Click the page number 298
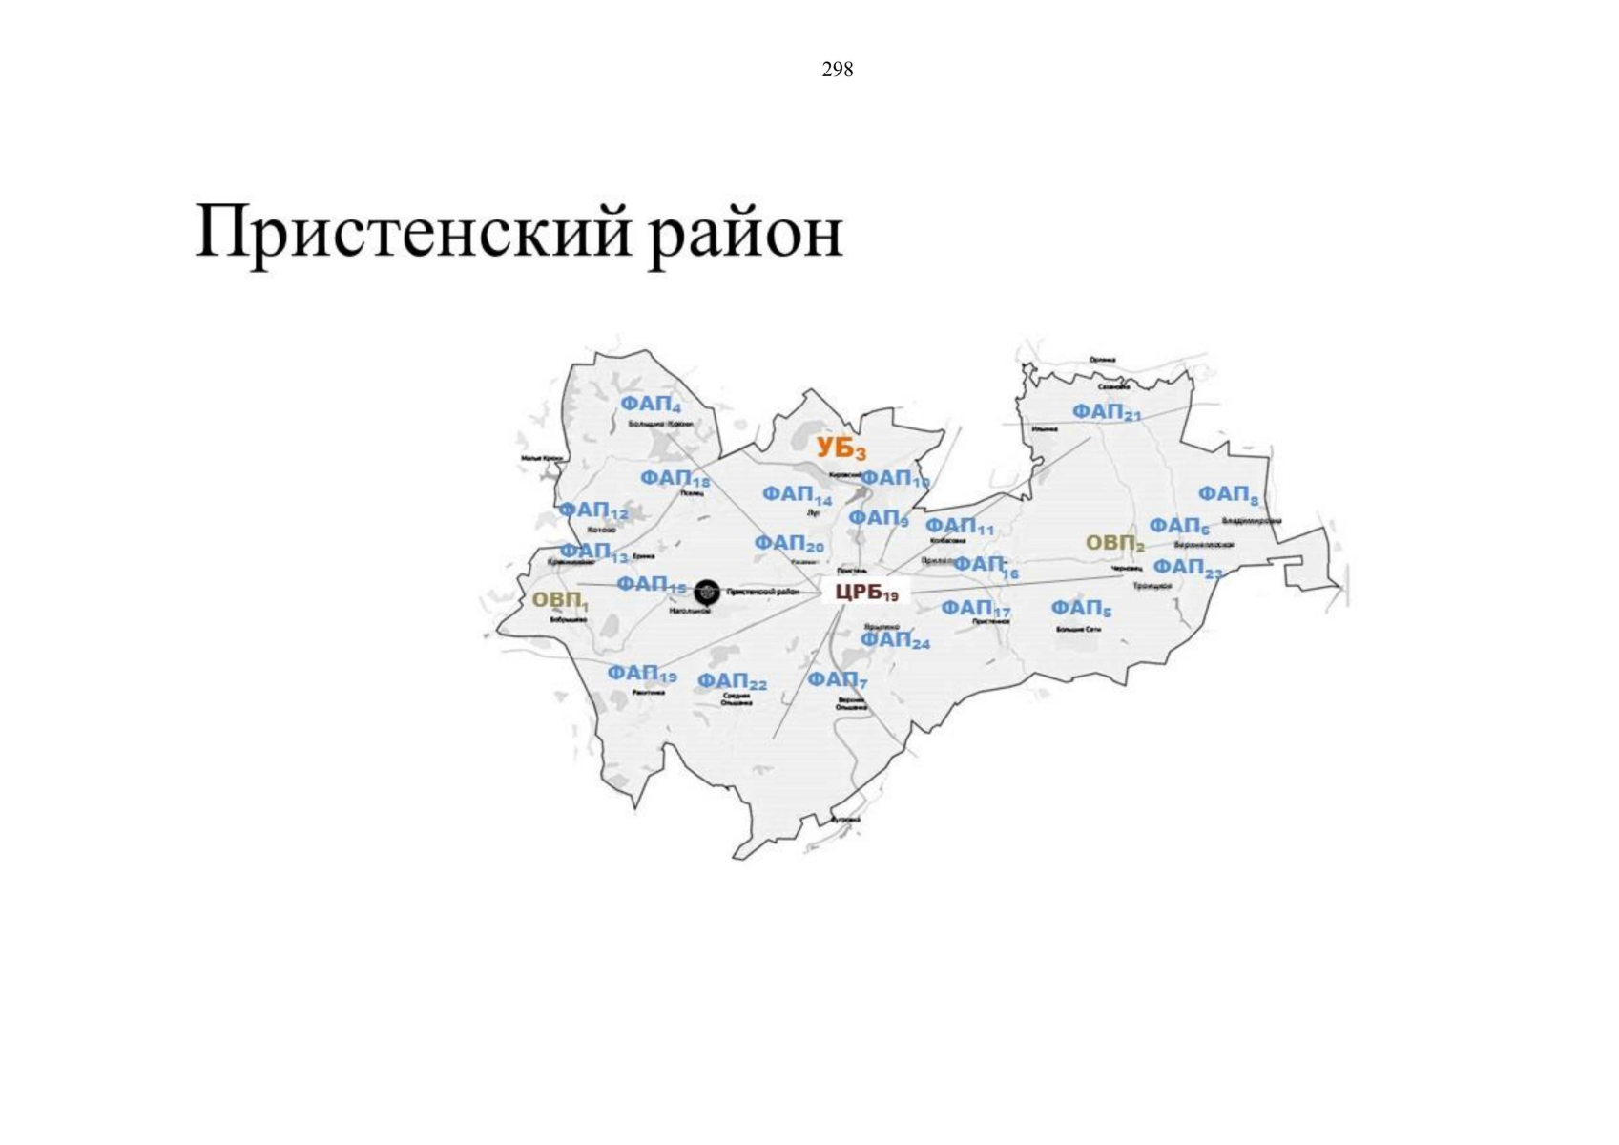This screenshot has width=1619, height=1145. click(837, 70)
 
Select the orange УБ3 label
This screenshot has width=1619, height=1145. click(841, 448)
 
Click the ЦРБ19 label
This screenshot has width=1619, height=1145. click(866, 592)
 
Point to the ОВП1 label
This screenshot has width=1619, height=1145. click(559, 600)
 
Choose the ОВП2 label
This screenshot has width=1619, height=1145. click(1114, 544)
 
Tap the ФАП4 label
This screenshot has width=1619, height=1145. click(650, 405)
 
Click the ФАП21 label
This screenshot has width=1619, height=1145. click(1106, 412)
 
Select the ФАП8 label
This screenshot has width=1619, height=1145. click(1228, 495)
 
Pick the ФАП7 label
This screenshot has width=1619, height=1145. click(837, 680)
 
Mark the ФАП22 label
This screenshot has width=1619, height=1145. click(731, 681)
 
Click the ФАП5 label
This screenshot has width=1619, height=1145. click(1081, 608)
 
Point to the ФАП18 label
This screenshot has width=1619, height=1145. click(675, 478)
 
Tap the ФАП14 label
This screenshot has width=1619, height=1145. click(797, 495)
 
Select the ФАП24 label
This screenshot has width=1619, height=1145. click(895, 640)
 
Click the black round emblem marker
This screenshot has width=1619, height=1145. click(707, 593)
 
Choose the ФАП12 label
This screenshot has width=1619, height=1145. click(592, 511)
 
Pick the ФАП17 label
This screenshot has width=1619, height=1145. click(975, 608)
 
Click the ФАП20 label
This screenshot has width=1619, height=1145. click(789, 544)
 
